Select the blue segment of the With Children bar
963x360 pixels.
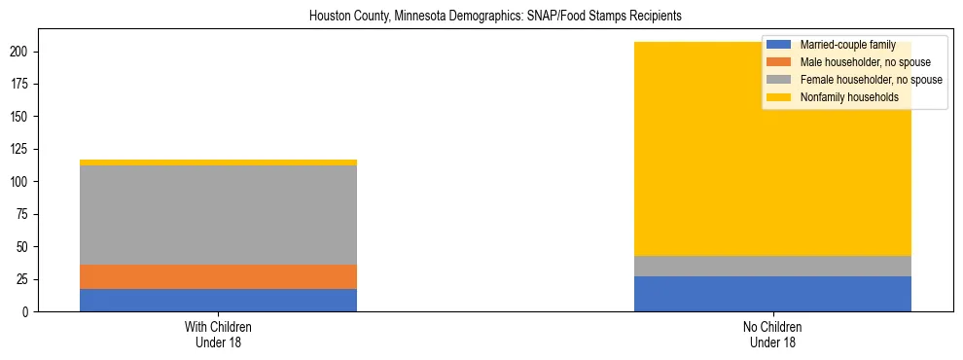pyautogui.click(x=218, y=300)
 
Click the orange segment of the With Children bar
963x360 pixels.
pyautogui.click(x=218, y=276)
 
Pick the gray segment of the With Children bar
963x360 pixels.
pyautogui.click(x=218, y=215)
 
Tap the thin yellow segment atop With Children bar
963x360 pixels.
pyautogui.click(x=218, y=162)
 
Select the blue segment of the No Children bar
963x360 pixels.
pyautogui.click(x=772, y=294)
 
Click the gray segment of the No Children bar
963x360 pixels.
pyautogui.click(x=772, y=266)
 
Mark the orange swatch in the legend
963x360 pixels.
pyautogui.click(x=779, y=62)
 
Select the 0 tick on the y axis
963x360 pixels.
pyautogui.click(x=29, y=312)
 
